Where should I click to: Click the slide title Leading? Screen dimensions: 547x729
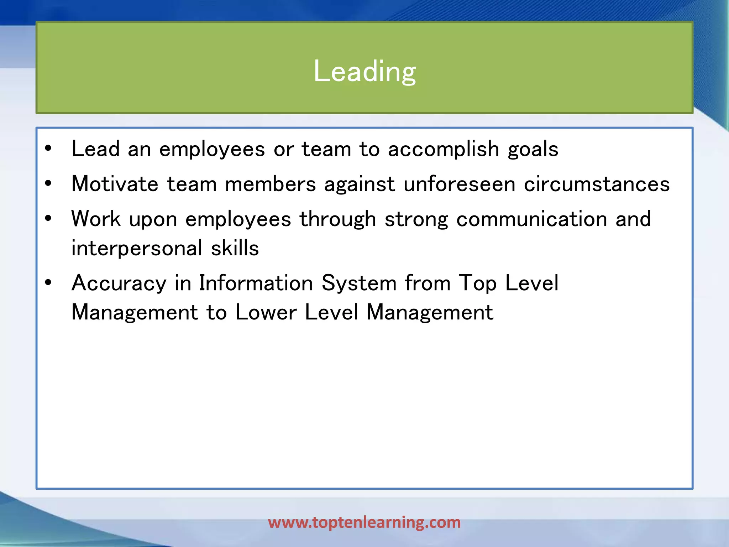point(364,71)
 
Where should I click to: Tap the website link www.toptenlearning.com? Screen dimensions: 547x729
point(364,522)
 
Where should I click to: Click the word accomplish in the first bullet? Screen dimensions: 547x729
point(444,149)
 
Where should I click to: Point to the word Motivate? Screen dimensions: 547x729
point(115,184)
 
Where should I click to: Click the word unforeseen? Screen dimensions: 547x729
point(459,184)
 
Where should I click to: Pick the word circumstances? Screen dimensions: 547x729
point(597,184)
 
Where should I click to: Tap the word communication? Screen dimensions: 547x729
point(531,219)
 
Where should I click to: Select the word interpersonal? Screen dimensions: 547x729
point(137,248)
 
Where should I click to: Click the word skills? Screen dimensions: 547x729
point(235,248)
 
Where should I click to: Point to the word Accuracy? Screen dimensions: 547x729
point(119,283)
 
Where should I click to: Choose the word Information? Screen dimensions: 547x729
point(256,283)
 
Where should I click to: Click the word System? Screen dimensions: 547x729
point(359,283)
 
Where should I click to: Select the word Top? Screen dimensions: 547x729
point(477,283)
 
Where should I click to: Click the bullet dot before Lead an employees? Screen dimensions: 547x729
point(48,149)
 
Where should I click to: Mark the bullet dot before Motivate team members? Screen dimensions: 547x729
point(48,184)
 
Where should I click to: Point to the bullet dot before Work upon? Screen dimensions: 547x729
point(48,219)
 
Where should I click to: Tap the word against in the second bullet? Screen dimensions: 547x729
point(360,184)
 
